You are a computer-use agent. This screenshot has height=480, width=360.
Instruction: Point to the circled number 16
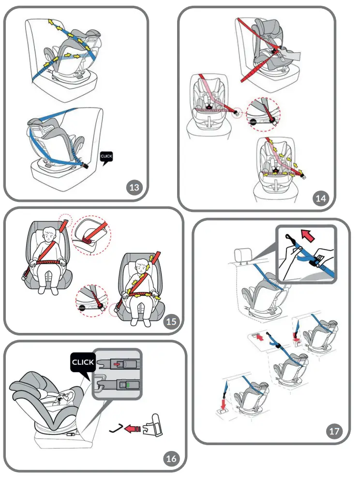[x=171, y=458]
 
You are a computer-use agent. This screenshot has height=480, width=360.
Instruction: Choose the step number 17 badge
[x=334, y=431]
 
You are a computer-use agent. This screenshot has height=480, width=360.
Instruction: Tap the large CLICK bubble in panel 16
[x=83, y=362]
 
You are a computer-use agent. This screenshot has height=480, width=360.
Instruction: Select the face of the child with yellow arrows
[x=141, y=265]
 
